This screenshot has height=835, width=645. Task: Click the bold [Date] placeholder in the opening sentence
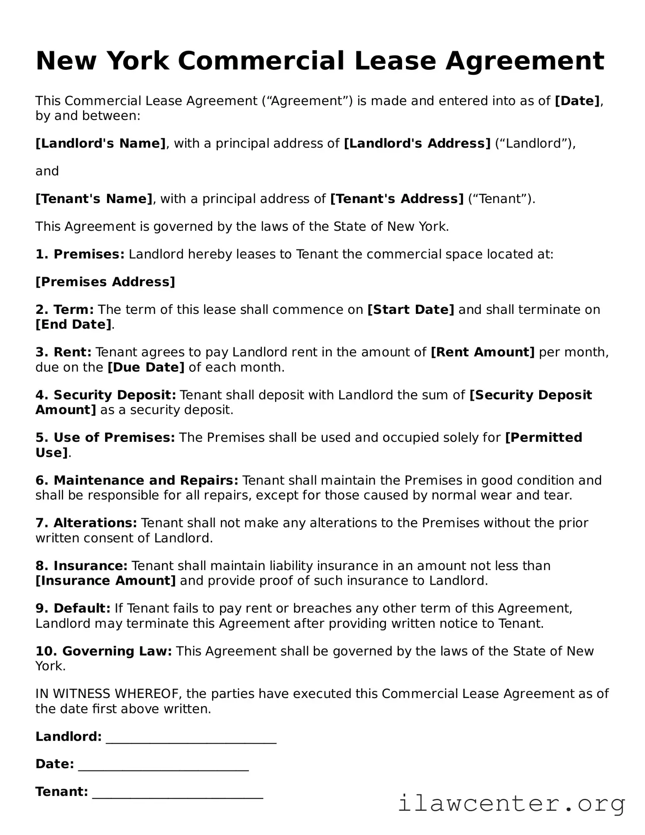(x=577, y=101)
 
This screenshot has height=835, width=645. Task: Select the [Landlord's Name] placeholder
(x=100, y=144)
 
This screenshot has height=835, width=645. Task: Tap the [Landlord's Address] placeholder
(x=417, y=144)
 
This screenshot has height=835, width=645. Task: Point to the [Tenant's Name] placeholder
(x=94, y=199)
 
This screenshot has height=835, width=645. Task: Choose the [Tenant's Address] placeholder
(x=396, y=199)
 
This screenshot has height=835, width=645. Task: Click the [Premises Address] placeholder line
(x=105, y=282)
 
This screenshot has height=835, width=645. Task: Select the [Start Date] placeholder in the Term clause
(x=410, y=310)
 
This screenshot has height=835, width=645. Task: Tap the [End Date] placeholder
(x=73, y=325)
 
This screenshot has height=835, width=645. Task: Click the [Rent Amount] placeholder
(x=483, y=353)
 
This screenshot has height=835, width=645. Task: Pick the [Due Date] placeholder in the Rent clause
(x=146, y=367)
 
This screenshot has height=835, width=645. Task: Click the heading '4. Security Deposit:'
(x=106, y=395)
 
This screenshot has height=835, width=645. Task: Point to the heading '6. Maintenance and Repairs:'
(x=137, y=480)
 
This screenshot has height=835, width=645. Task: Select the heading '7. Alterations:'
(x=86, y=523)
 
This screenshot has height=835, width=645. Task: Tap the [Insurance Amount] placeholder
(x=106, y=580)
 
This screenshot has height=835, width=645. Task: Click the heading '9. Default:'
(x=73, y=608)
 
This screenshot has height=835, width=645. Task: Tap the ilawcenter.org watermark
(x=511, y=804)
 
